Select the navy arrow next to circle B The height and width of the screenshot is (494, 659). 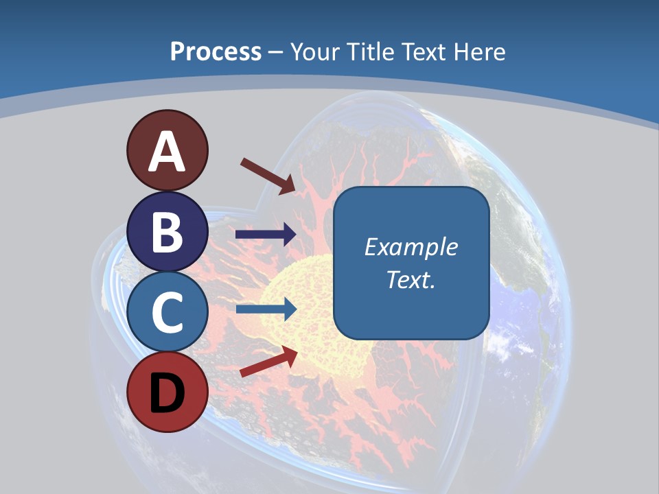[x=266, y=235]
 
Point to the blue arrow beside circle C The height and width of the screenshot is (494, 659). [x=266, y=309]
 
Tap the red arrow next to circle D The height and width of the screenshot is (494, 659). [x=268, y=362]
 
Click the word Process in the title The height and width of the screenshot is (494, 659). [x=216, y=51]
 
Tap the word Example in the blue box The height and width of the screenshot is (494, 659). [x=411, y=247]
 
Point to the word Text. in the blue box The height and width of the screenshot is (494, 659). [x=411, y=279]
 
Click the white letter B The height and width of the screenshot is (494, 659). [x=167, y=231]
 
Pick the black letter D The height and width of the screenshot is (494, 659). [x=167, y=393]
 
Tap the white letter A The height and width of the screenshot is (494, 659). [x=167, y=151]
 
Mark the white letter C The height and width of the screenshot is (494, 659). [x=167, y=312]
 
